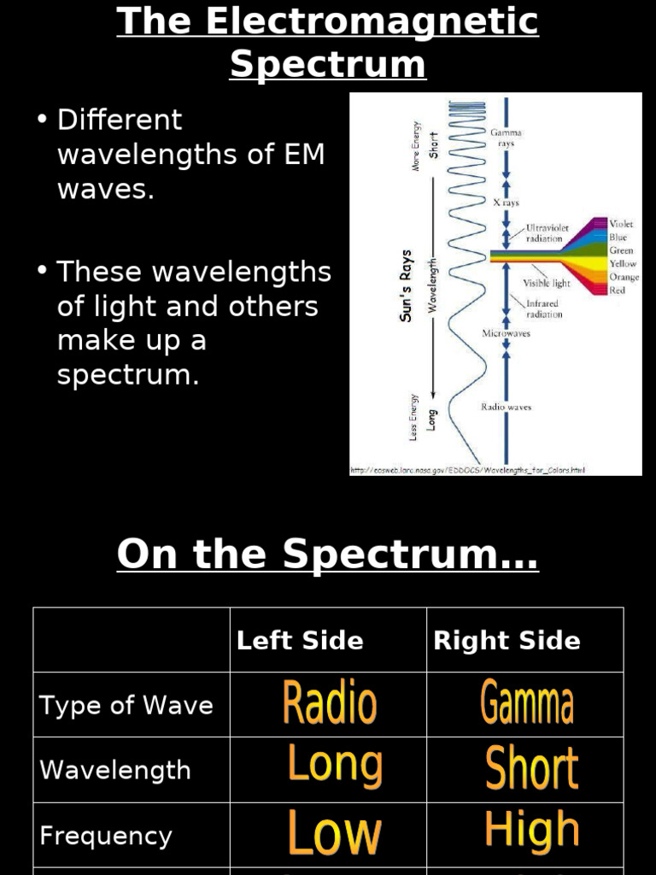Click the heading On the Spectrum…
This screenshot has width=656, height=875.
click(328, 555)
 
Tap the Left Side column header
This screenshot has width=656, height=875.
click(300, 641)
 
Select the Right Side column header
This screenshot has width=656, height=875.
click(507, 641)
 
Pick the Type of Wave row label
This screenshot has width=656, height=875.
click(126, 706)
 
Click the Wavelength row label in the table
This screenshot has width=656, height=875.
click(115, 770)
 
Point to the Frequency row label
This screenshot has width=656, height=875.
click(106, 836)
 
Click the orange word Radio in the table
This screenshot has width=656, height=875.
click(330, 703)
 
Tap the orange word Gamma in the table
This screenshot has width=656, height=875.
click(527, 703)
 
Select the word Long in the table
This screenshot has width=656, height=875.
click(334, 765)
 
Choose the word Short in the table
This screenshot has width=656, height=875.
click(531, 767)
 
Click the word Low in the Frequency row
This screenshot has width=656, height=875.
click(334, 833)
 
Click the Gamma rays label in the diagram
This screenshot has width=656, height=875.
click(506, 138)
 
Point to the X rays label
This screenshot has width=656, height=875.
click(507, 203)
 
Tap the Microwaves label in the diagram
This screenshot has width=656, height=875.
click(506, 334)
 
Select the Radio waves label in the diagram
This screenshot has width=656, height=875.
click(506, 408)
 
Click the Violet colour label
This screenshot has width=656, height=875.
click(621, 224)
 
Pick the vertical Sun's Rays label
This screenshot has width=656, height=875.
click(407, 286)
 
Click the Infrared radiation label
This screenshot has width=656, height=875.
click(544, 308)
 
